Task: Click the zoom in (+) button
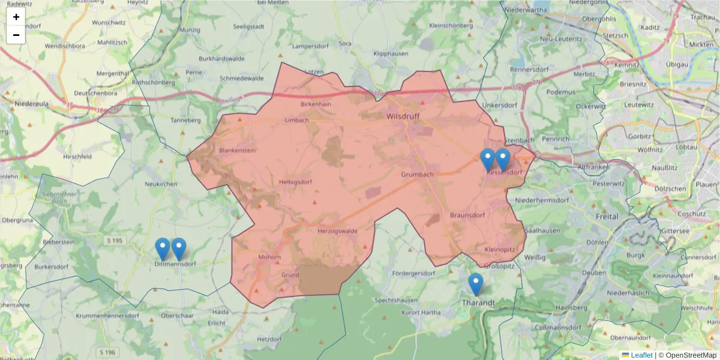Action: (16, 17)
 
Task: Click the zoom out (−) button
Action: (16, 35)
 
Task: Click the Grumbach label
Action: (417, 175)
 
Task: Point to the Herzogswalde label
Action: (337, 230)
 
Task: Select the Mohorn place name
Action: (269, 257)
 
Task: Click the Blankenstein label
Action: (238, 150)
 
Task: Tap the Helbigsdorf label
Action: (297, 182)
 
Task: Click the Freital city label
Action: (607, 216)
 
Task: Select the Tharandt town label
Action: (478, 302)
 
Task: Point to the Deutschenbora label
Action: (95, 94)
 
